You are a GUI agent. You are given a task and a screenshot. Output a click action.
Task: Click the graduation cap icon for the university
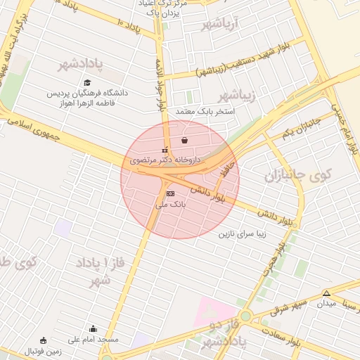(x=87, y=83)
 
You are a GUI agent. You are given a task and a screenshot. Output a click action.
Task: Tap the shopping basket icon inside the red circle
(x=184, y=141)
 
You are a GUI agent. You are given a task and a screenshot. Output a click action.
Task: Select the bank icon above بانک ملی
(x=169, y=193)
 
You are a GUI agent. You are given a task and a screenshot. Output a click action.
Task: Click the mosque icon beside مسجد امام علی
(x=93, y=328)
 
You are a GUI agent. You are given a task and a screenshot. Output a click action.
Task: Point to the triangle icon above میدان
(x=326, y=292)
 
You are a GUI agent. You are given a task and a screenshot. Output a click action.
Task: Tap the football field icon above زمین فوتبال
(x=44, y=340)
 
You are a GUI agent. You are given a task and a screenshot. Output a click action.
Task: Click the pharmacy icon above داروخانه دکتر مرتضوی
(x=165, y=150)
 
